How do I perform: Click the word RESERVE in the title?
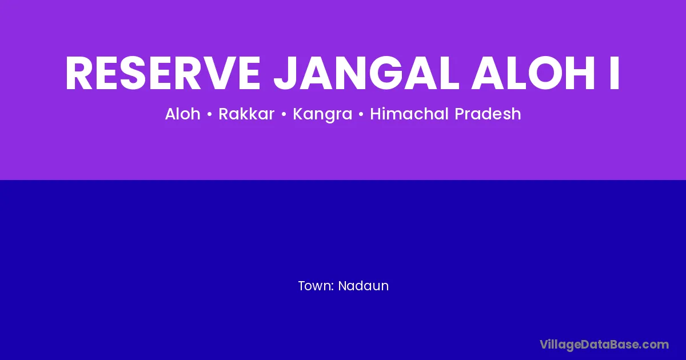(163, 73)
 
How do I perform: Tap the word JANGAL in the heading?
(366, 73)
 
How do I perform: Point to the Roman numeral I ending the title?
(615, 73)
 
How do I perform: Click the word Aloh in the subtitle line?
(182, 114)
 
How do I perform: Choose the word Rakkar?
(246, 114)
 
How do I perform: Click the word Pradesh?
(488, 114)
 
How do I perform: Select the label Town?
(316, 286)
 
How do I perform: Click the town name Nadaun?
(363, 286)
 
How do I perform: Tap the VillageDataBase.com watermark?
(604, 345)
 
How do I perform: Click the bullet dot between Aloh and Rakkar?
(209, 114)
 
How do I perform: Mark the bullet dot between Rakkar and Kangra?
(284, 114)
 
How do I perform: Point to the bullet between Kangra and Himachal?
(361, 114)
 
